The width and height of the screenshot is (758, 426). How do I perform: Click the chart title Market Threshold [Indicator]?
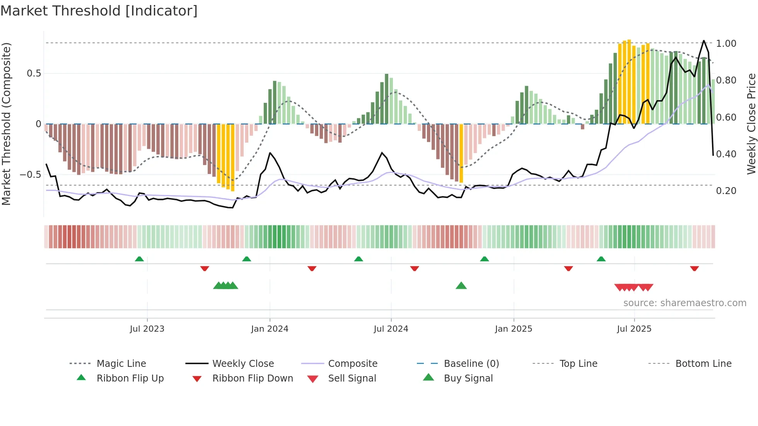pyautogui.click(x=99, y=11)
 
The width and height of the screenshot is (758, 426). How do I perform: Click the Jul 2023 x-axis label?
pyautogui.click(x=147, y=329)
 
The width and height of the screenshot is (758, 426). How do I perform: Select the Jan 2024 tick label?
pyautogui.click(x=270, y=329)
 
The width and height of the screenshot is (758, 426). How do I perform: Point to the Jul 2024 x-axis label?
pyautogui.click(x=391, y=329)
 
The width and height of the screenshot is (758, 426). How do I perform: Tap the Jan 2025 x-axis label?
pyautogui.click(x=514, y=329)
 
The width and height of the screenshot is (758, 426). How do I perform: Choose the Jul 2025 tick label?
pyautogui.click(x=634, y=329)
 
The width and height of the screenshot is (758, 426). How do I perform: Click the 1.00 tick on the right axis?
pyautogui.click(x=726, y=44)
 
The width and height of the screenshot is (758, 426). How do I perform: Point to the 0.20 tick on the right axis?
pyautogui.click(x=726, y=191)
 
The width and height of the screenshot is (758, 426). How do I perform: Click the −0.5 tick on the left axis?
pyautogui.click(x=31, y=175)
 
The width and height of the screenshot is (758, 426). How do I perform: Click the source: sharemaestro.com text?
pyautogui.click(x=685, y=303)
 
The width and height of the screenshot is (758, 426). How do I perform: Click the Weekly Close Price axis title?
pyautogui.click(x=751, y=124)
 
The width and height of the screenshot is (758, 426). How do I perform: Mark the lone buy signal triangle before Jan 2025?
pyautogui.click(x=461, y=286)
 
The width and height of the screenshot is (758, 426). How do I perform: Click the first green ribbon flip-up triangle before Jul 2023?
pyautogui.click(x=139, y=259)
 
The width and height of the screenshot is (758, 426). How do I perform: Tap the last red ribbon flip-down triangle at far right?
pyautogui.click(x=694, y=268)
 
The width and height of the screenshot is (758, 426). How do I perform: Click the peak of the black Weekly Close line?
pyautogui.click(x=703, y=41)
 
